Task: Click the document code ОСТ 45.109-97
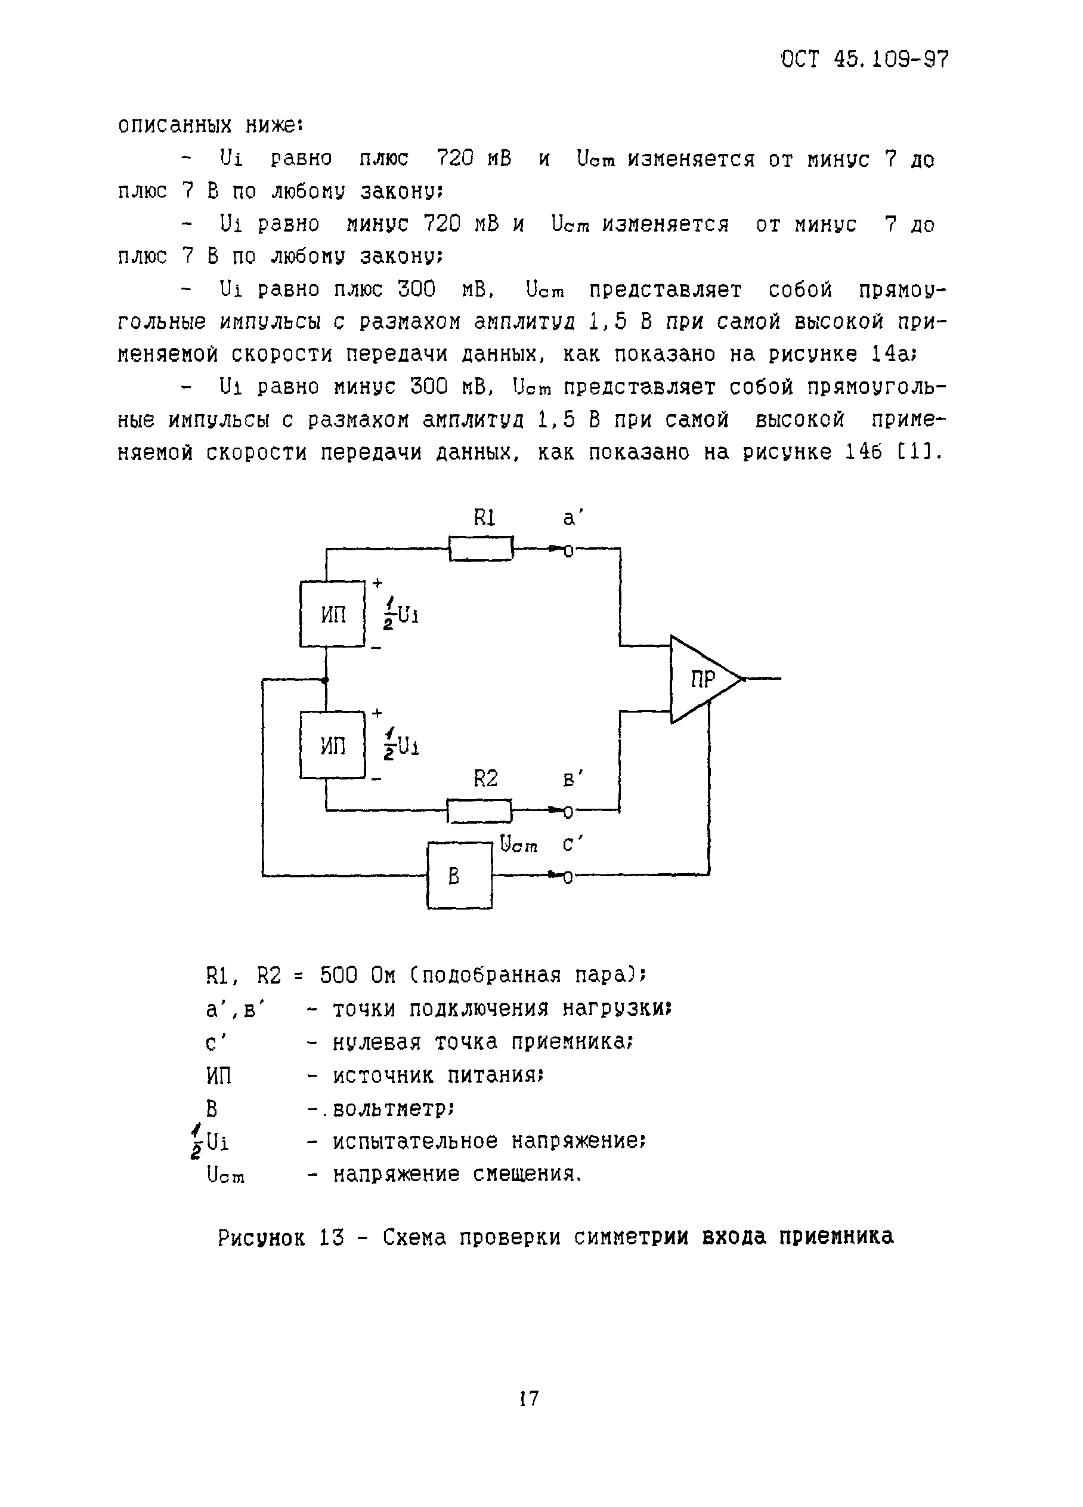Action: coord(865,60)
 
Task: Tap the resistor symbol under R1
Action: coord(481,549)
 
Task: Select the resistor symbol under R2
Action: coord(479,810)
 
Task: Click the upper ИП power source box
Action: coord(333,614)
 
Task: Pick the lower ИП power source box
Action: coord(333,745)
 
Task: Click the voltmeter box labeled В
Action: coord(459,876)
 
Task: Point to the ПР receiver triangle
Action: coord(701,679)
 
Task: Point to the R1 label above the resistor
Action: coord(485,517)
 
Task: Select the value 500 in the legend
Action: coord(339,976)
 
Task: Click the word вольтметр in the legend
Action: coord(392,1109)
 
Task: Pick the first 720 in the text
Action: coord(456,159)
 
